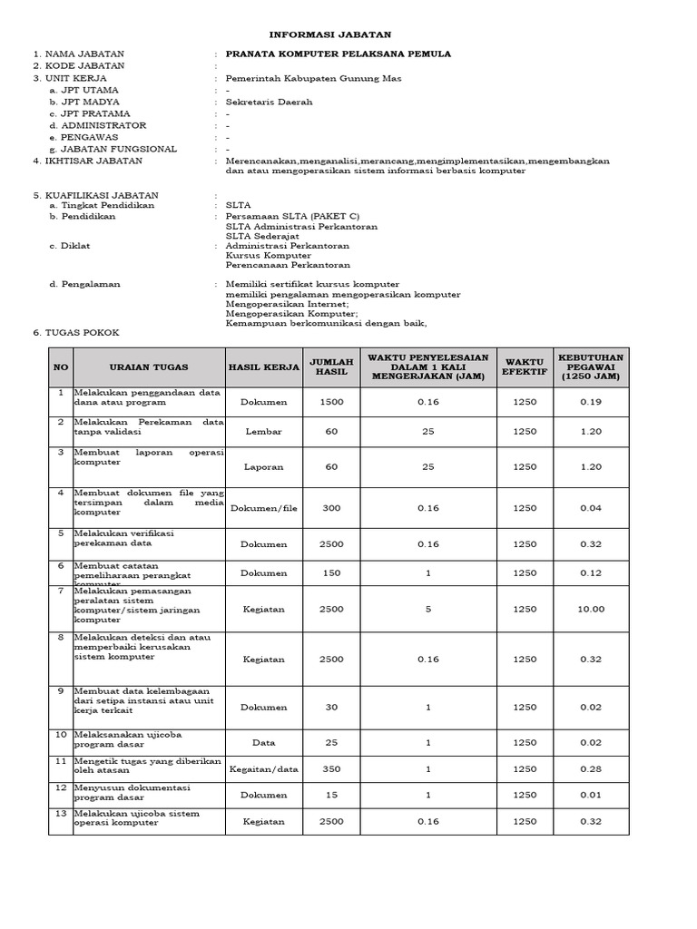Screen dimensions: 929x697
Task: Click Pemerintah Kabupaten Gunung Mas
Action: coord(300,78)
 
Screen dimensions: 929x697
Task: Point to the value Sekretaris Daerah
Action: coord(265,103)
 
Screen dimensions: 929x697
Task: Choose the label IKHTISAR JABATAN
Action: coord(93,161)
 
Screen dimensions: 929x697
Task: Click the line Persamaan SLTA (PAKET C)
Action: coord(292,217)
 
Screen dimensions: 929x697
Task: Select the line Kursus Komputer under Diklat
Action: coord(269,256)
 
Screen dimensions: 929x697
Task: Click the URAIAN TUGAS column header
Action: coord(149,367)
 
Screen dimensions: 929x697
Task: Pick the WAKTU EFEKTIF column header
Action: coord(524,367)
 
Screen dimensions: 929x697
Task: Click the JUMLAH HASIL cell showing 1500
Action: coord(331,401)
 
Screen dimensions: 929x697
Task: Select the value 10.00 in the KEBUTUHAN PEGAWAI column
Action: coord(590,609)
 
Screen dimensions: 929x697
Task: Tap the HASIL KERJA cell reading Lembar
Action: coord(263,432)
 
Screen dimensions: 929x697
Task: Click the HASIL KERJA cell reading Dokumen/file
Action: coord(263,509)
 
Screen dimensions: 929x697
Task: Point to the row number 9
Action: coord(60,691)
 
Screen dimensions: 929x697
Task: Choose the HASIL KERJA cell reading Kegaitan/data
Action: coord(263,768)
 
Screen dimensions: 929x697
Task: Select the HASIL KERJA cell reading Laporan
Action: coord(263,467)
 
